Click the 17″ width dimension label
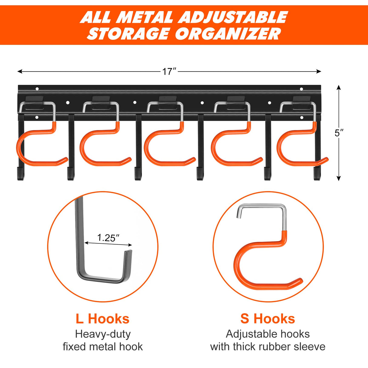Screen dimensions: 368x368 coord(169,72)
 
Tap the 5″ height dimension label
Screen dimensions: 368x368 coord(339,133)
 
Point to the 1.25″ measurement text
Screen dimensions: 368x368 coord(108,238)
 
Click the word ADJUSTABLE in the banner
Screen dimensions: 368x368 coord(233,17)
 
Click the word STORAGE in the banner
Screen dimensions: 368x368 coord(129,34)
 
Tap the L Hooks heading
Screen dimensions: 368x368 coord(102,319)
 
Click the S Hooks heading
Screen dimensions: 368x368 coord(268,319)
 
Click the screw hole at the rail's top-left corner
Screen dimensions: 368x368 coord(37,89)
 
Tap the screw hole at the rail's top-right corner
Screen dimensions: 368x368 coord(301,89)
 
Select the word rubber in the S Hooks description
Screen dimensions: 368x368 coord(275,346)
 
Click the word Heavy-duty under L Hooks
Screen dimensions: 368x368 coord(103,334)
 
